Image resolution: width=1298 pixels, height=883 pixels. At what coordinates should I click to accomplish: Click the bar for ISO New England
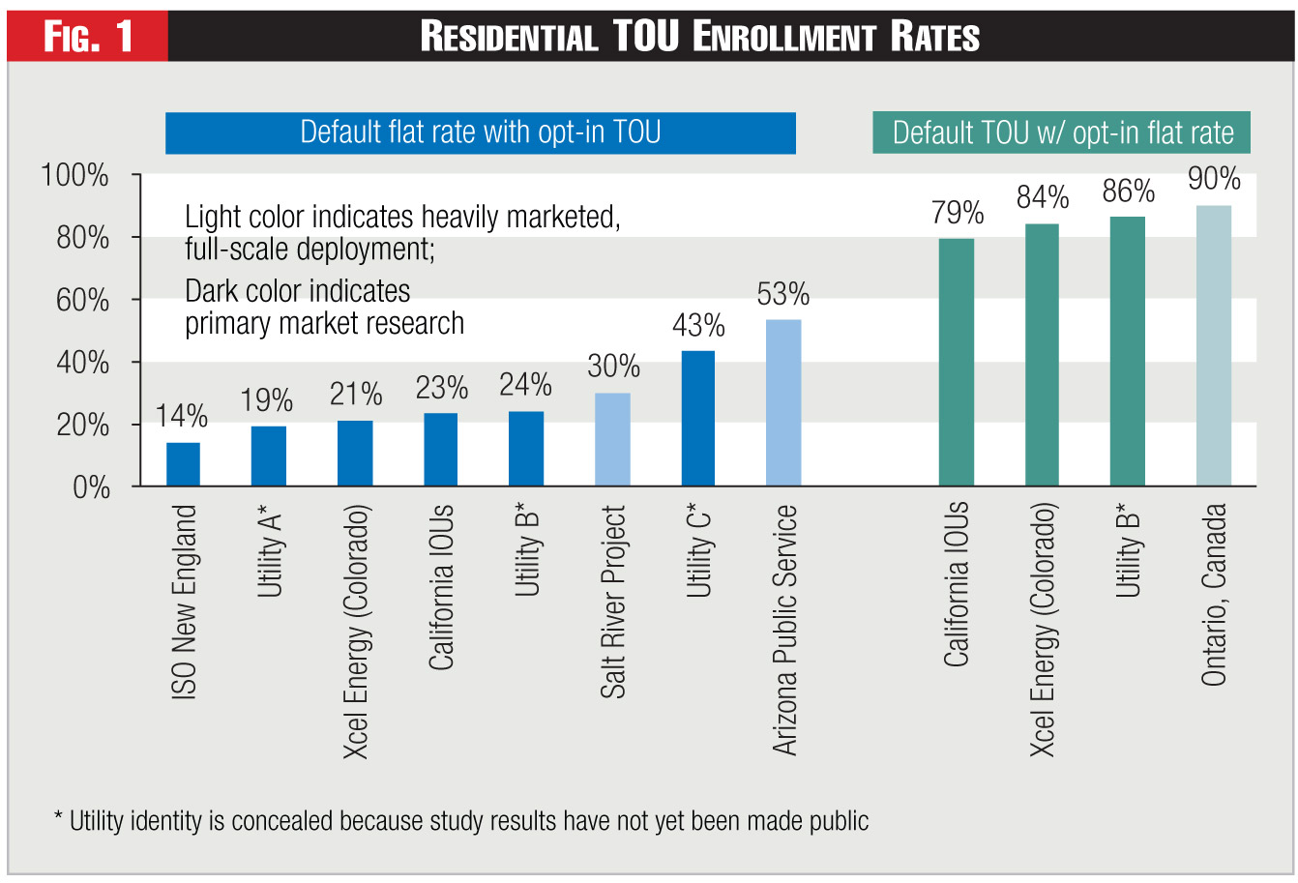tap(183, 464)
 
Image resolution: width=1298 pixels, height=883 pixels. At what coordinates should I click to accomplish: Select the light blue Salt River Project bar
tap(612, 439)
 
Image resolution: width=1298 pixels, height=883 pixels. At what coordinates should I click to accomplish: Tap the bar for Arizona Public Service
tap(783, 402)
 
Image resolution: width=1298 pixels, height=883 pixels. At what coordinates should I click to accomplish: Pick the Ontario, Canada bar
tap(1214, 345)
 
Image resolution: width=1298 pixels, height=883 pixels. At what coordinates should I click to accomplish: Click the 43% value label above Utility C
tap(698, 326)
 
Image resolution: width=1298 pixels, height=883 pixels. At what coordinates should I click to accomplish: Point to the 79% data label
tap(958, 213)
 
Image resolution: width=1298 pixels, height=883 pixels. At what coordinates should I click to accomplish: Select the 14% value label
tap(182, 417)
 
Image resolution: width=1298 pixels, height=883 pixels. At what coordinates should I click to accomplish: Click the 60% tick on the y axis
tap(83, 300)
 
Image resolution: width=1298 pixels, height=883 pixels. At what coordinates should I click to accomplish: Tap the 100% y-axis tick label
tap(74, 176)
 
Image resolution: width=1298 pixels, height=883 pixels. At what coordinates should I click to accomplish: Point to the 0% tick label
tap(92, 487)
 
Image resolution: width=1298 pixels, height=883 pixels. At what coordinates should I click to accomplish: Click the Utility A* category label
tap(270, 551)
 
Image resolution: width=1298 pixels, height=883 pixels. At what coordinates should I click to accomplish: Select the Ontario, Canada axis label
tap(1214, 595)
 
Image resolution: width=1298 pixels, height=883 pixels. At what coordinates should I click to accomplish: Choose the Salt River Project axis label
tap(613, 602)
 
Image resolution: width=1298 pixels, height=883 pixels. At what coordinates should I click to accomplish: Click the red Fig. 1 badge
tap(88, 37)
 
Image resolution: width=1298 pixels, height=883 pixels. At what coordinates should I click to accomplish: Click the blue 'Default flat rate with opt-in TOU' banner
tap(481, 132)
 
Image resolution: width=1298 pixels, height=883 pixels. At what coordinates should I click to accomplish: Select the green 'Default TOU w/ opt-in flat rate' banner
tap(1062, 132)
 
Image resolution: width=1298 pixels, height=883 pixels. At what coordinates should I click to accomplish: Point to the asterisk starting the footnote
tap(58, 818)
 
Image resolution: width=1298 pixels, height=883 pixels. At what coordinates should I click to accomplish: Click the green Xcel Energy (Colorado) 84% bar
tap(1042, 355)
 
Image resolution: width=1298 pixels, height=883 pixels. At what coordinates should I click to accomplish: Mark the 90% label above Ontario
tap(1214, 179)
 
